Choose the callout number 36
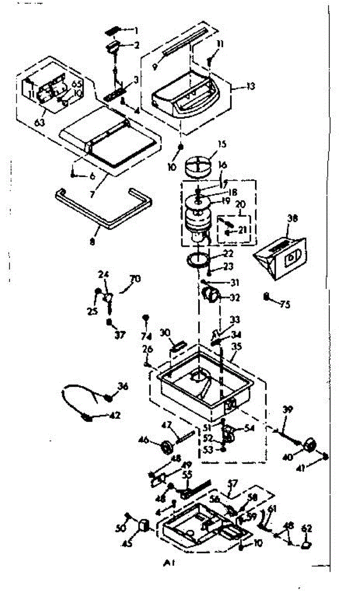[123, 385]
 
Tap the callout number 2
[135, 45]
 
